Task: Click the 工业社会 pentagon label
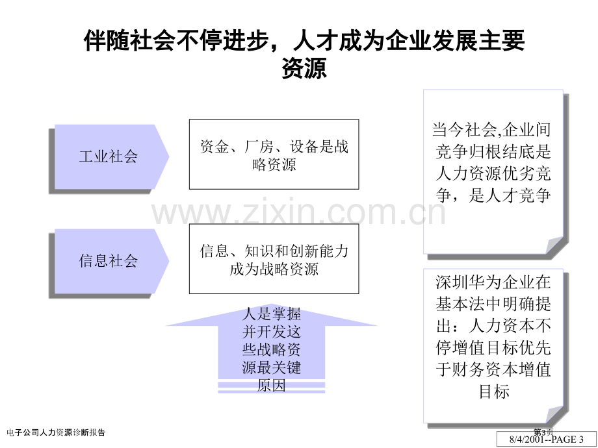(x=109, y=156)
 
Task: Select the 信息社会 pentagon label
(x=109, y=261)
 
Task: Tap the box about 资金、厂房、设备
(x=274, y=155)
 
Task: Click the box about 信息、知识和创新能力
(x=274, y=258)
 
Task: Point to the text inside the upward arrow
(x=272, y=350)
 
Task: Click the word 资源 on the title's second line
(x=304, y=69)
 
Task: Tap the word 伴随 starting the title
(x=107, y=40)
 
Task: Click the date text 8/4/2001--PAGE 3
(x=546, y=440)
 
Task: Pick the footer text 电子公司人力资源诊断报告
(x=56, y=432)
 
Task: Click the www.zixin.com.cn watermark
(x=298, y=212)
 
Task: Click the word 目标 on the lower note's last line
(x=494, y=392)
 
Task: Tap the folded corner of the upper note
(x=554, y=245)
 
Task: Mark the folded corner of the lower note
(x=554, y=414)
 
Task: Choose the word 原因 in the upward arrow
(x=272, y=386)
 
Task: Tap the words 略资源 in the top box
(x=274, y=164)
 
